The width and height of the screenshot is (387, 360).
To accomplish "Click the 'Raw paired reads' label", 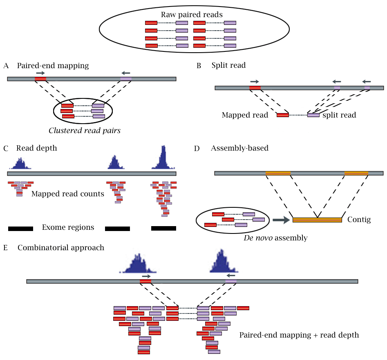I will [x=191, y=15].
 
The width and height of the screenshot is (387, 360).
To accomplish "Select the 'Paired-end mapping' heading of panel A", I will [x=53, y=65].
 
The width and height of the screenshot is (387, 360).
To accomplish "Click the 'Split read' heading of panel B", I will [x=228, y=65].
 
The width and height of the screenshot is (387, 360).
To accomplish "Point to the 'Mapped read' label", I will [x=245, y=115].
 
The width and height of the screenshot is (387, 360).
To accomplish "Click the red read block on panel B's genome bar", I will [x=255, y=88].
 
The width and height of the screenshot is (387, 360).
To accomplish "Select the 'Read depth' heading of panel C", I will [x=37, y=148].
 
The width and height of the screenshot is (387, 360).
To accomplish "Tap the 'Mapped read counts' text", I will [x=67, y=193].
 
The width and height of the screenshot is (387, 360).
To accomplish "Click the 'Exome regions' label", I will [x=68, y=227].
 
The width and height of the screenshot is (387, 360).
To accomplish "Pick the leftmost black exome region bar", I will [x=20, y=229].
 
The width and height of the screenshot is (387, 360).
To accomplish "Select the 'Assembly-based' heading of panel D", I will [x=239, y=148].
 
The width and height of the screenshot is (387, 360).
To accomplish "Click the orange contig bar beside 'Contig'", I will [x=317, y=220].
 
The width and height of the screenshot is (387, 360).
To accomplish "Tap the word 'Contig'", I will [x=359, y=220].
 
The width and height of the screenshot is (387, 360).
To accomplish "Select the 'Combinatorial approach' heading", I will [x=61, y=248].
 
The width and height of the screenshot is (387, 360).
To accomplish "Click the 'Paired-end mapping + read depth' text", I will [x=299, y=335].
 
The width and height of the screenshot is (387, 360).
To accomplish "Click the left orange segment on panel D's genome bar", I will [x=278, y=173].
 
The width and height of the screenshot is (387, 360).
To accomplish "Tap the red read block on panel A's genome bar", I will [x=40, y=79].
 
